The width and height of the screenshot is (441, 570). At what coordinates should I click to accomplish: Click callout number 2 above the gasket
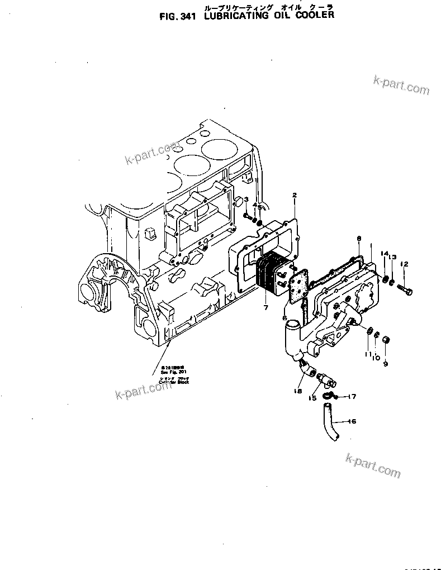click(295, 195)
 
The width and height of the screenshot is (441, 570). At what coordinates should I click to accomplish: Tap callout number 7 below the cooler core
click(265, 307)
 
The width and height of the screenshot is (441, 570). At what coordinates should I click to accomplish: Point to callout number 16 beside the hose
click(352, 421)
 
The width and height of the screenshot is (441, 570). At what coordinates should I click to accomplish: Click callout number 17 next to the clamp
click(352, 397)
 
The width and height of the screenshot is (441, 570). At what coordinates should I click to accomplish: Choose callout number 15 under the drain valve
click(313, 398)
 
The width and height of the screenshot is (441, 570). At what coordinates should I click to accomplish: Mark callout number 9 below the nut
click(385, 364)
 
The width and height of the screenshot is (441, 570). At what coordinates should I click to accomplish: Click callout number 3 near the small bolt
click(245, 199)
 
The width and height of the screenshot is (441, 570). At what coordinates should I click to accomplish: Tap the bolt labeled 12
click(405, 290)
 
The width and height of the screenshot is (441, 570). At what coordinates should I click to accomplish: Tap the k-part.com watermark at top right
click(401, 85)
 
